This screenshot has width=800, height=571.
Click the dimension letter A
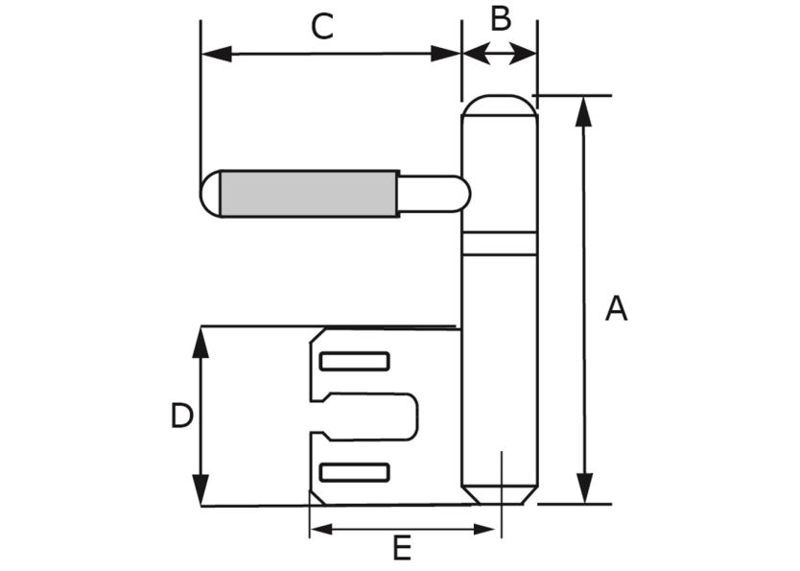tap(616, 309)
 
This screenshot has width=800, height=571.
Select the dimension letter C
tap(322, 26)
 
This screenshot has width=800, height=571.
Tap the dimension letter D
tap(181, 416)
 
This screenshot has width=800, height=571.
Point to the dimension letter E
tap(402, 549)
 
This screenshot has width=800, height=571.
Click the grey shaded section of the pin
tap(309, 194)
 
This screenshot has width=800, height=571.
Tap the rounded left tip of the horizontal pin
tap(209, 194)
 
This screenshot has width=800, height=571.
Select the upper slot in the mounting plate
tap(354, 362)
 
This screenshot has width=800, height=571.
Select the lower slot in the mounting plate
tap(354, 472)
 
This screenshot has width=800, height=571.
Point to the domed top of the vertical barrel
tap(499, 105)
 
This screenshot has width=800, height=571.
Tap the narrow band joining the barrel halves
tap(499, 244)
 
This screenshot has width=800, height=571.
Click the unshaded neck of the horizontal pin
tap(432, 194)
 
